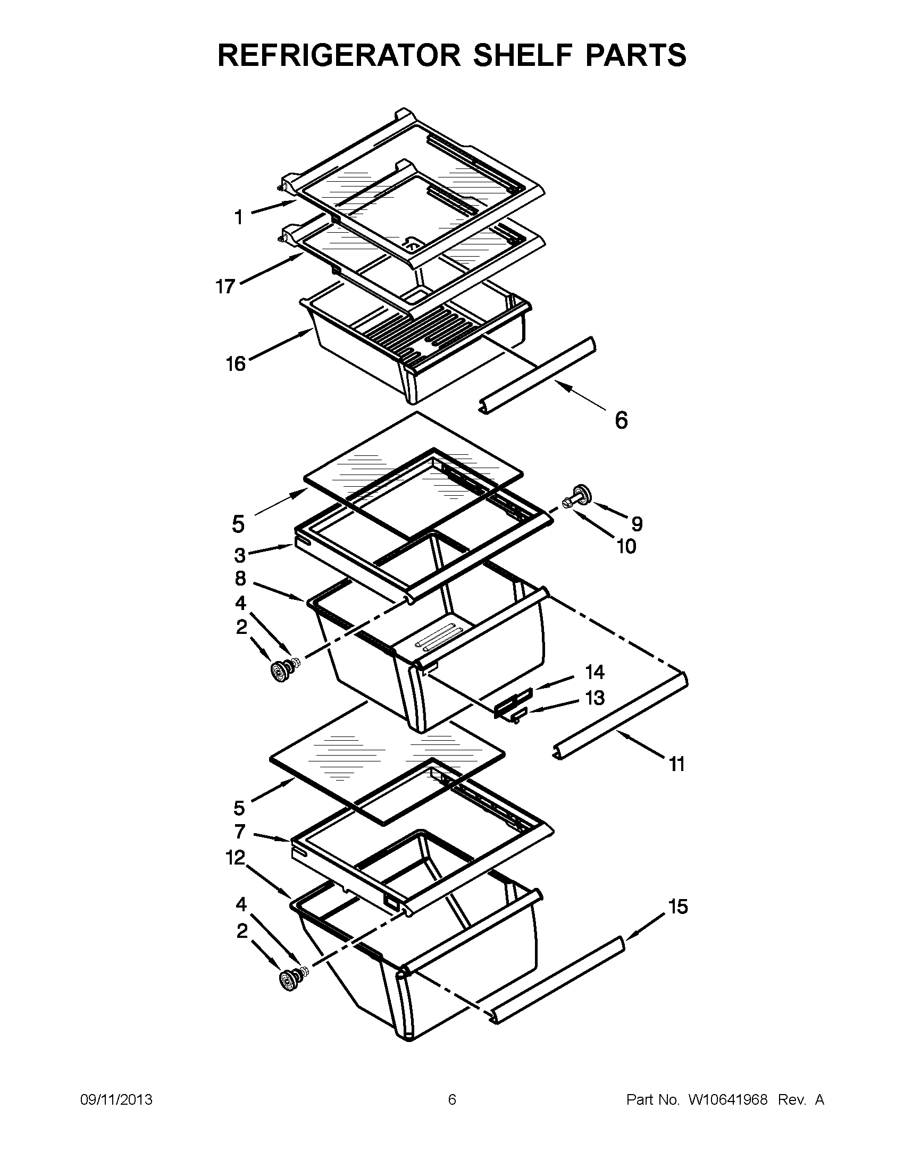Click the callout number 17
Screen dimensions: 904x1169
tap(226, 287)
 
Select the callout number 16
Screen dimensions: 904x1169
tap(236, 364)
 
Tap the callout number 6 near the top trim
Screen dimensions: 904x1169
tap(621, 420)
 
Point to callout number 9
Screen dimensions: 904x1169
tap(636, 523)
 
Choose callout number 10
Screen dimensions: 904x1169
tap(626, 546)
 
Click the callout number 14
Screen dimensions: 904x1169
tap(595, 672)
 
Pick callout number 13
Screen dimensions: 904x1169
tap(595, 698)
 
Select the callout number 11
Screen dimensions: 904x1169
tap(677, 764)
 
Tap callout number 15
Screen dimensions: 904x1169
tap(678, 907)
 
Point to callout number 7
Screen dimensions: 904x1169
tap(240, 831)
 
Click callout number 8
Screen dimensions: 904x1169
tap(240, 578)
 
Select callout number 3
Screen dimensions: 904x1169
tap(240, 555)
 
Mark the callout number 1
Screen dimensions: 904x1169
tap(239, 217)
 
